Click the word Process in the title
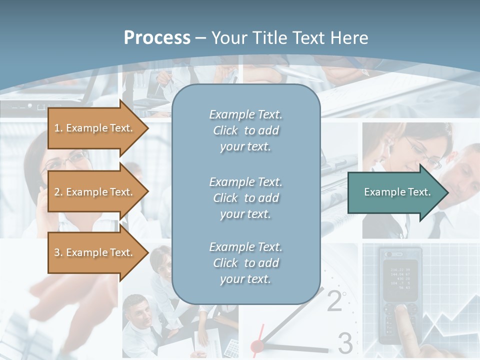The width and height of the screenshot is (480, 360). pyautogui.click(x=157, y=38)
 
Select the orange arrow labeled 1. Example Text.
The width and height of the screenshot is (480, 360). pyautogui.click(x=95, y=128)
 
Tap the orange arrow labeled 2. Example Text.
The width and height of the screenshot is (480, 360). pyautogui.click(x=95, y=192)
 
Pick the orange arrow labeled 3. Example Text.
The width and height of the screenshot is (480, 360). pyautogui.click(x=95, y=252)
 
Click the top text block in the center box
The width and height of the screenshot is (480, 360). pyautogui.click(x=245, y=130)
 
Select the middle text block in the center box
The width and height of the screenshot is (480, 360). pyautogui.click(x=245, y=198)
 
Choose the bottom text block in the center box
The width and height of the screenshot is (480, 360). pyautogui.click(x=245, y=263)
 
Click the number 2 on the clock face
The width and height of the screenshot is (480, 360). pyautogui.click(x=334, y=301)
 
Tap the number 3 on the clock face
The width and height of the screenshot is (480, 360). pyautogui.click(x=345, y=343)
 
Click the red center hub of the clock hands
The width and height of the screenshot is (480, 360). pyautogui.click(x=257, y=345)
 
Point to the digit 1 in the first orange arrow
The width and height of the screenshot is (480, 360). pyautogui.click(x=56, y=128)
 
